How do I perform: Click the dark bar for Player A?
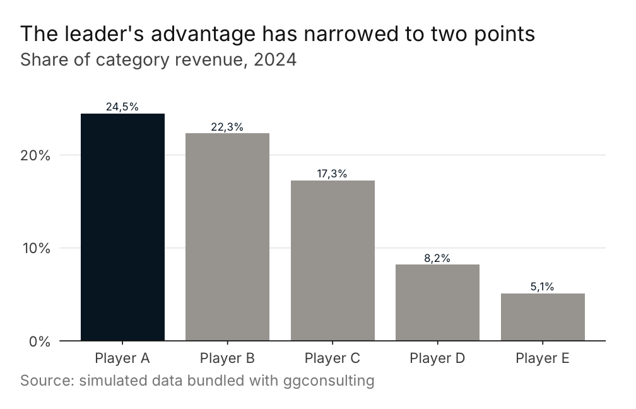coord(122,227)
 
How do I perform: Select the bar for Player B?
coord(228,237)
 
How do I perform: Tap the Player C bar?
coord(333,261)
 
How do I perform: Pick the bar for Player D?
coord(438,303)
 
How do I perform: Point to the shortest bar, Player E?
coord(543,317)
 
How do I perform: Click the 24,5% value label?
coord(122,107)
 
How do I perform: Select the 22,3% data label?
coord(227,127)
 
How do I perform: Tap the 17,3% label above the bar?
coord(332,174)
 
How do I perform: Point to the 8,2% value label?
coord(437,258)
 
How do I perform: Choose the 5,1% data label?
coord(543,287)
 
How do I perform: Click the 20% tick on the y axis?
coord(35,155)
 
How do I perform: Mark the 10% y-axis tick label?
coord(36,248)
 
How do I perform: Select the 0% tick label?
coord(40,341)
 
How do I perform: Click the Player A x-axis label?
coord(122,359)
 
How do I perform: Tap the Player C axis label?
coord(332,359)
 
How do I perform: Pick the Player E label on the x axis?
coord(543,359)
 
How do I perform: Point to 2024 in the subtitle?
coord(275,59)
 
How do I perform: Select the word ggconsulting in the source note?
coord(329,381)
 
